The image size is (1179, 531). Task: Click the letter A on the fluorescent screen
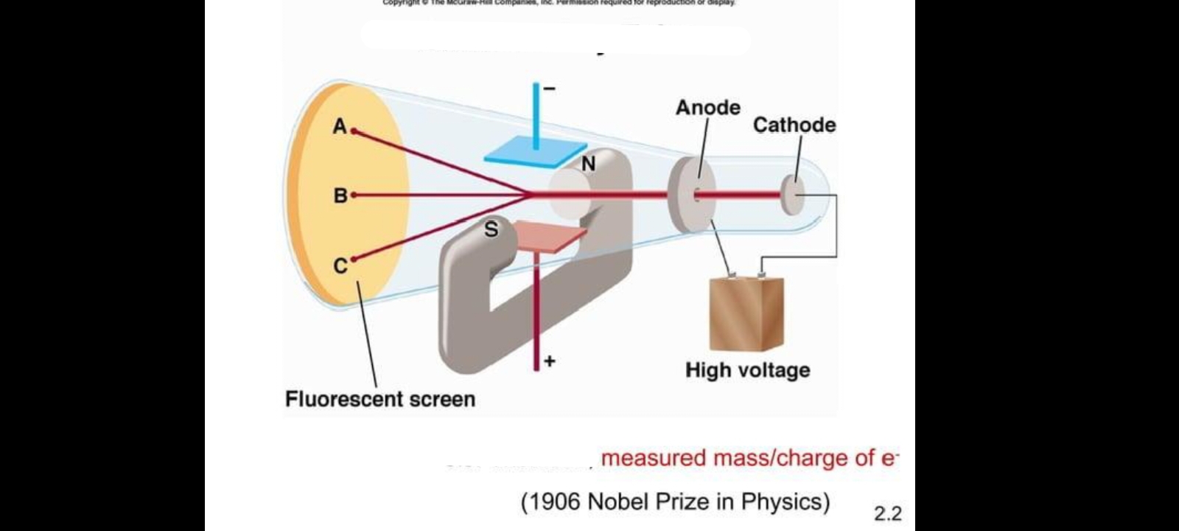pos(339,127)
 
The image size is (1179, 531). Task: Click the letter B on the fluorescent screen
pos(340,195)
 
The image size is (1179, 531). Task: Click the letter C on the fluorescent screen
pos(340,265)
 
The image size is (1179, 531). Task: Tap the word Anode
pos(707,108)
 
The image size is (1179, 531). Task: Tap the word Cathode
pos(794,125)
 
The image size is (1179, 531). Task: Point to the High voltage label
pos(747,370)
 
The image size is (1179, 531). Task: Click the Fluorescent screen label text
pos(380,399)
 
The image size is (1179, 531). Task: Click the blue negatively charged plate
pos(531,150)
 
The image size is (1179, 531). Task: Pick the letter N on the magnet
pos(588,164)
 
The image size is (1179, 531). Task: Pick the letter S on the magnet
pos(491,230)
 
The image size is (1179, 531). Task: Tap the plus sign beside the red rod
pos(549,361)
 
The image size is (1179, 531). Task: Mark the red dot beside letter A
pos(354,131)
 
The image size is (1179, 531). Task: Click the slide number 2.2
pos(887,513)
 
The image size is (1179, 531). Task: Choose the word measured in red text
pos(653,458)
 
